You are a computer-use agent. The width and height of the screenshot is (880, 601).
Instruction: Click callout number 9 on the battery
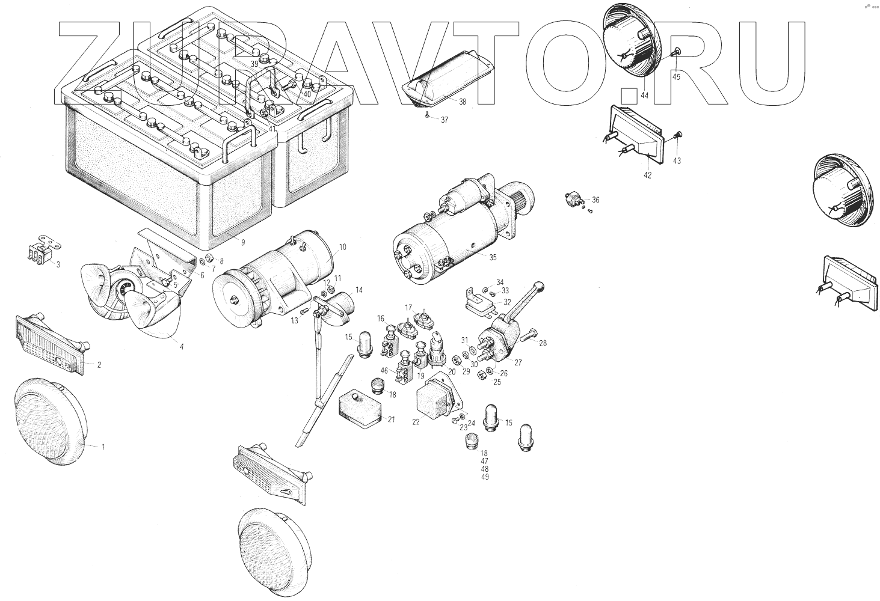242,243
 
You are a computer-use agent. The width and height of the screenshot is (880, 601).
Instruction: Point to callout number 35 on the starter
493,257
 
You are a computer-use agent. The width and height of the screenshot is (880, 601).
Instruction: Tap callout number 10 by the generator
342,247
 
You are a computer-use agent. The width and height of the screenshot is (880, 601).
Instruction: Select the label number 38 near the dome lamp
462,102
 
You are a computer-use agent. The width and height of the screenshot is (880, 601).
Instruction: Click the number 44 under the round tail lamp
644,96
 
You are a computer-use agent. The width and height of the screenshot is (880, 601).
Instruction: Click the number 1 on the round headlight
103,447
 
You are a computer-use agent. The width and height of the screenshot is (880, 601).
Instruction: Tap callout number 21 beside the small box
391,419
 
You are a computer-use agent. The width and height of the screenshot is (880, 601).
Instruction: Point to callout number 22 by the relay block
416,422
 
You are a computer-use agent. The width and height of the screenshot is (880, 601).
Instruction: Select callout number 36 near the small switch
595,200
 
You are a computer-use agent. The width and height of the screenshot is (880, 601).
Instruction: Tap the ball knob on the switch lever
540,286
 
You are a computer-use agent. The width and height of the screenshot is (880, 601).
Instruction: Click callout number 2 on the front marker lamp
99,364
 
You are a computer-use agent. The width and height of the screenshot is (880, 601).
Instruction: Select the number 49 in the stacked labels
485,477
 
